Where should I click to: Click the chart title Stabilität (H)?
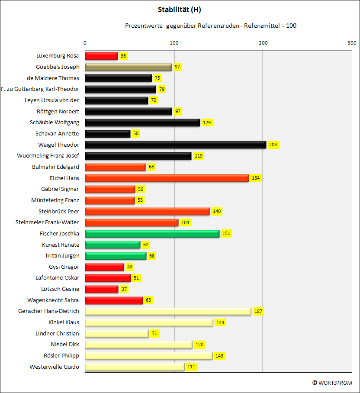tap(180, 10)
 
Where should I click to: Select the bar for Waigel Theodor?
tap(176, 145)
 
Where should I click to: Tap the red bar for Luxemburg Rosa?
tap(101, 56)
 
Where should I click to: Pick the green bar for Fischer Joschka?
tap(152, 234)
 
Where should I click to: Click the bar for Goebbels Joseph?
tap(129, 67)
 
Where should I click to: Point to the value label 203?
tap(273, 145)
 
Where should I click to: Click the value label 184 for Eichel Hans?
tap(256, 178)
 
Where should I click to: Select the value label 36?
tap(123, 56)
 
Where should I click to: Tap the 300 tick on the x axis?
tap(352, 43)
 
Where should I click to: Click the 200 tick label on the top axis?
tap(263, 43)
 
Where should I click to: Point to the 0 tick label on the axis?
tap(85, 43)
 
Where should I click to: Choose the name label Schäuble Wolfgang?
tap(55, 122)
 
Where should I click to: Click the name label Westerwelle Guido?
tap(54, 367)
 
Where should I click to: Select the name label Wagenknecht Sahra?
tap(53, 300)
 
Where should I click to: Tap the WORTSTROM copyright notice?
tap(332, 383)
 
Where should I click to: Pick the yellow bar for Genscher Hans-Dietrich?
tap(168, 311)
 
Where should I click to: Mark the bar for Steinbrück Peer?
tap(147, 211)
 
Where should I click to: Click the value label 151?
tap(226, 233)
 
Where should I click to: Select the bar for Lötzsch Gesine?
tap(102, 289)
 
